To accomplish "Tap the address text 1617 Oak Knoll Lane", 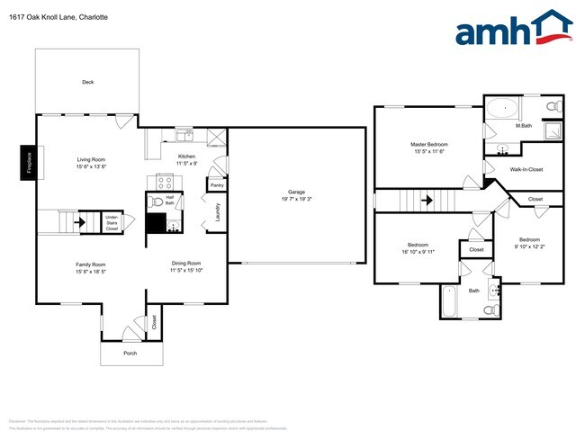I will [x=45, y=16].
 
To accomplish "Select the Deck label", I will [x=87, y=82].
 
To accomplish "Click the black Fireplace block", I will [x=27, y=163].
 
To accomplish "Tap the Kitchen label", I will [x=186, y=156].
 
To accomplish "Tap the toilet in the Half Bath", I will [x=157, y=202].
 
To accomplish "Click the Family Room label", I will [x=91, y=264].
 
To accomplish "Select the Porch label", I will [x=130, y=353].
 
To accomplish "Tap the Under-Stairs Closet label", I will [x=112, y=222].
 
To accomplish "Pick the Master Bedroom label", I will [x=429, y=144].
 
